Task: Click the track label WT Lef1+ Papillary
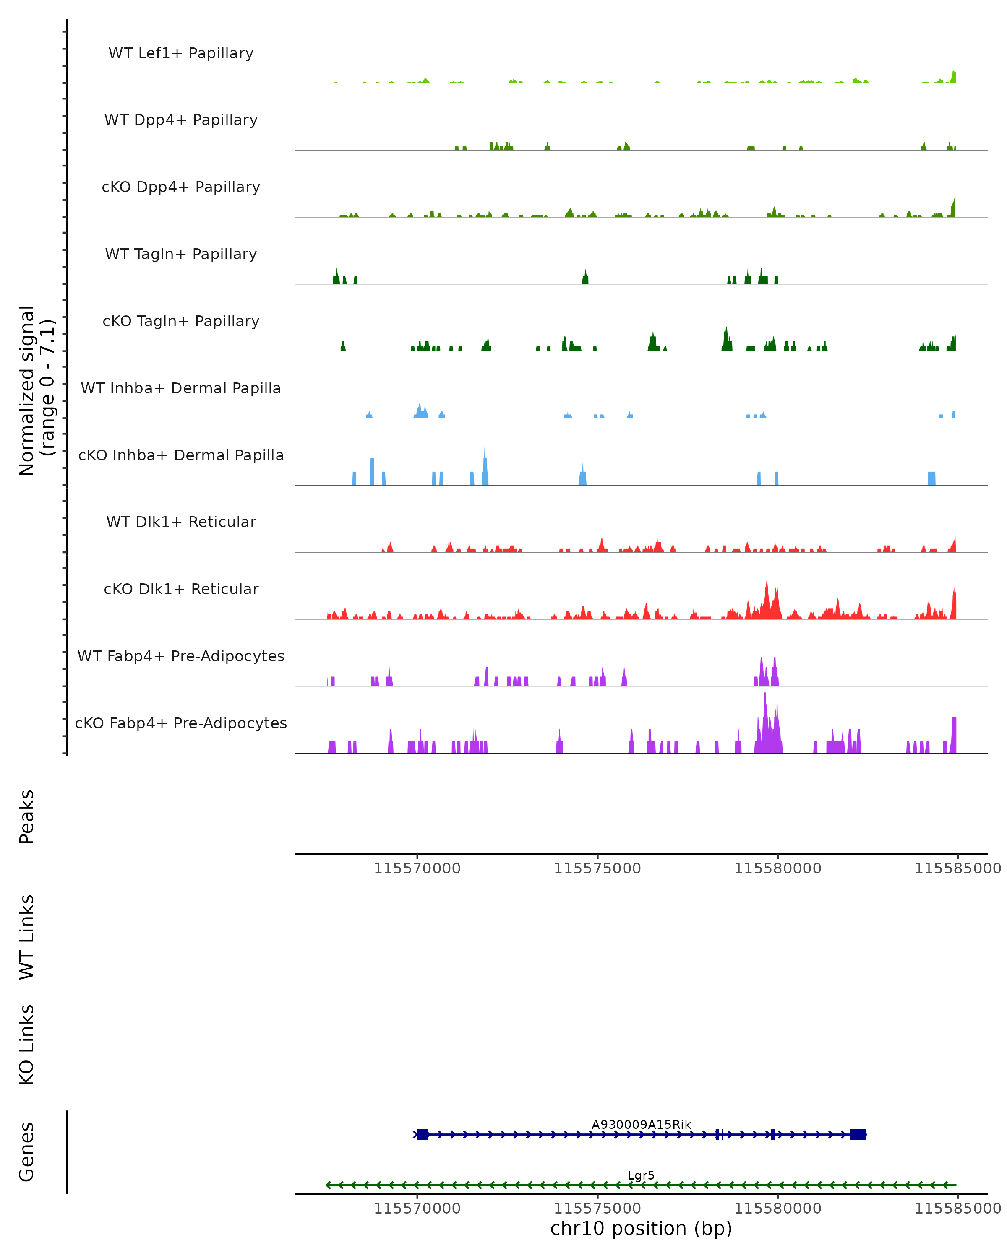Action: tap(181, 53)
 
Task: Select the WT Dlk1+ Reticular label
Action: tap(181, 522)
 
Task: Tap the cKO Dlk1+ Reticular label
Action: tap(181, 589)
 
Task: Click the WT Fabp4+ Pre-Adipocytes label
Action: tap(181, 656)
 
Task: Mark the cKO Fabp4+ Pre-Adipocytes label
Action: tap(181, 723)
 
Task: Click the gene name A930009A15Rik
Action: tap(641, 1124)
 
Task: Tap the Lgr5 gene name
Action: tap(641, 1175)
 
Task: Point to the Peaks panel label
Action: tap(27, 816)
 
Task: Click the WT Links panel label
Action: tap(27, 936)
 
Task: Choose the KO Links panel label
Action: tap(27, 1045)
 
